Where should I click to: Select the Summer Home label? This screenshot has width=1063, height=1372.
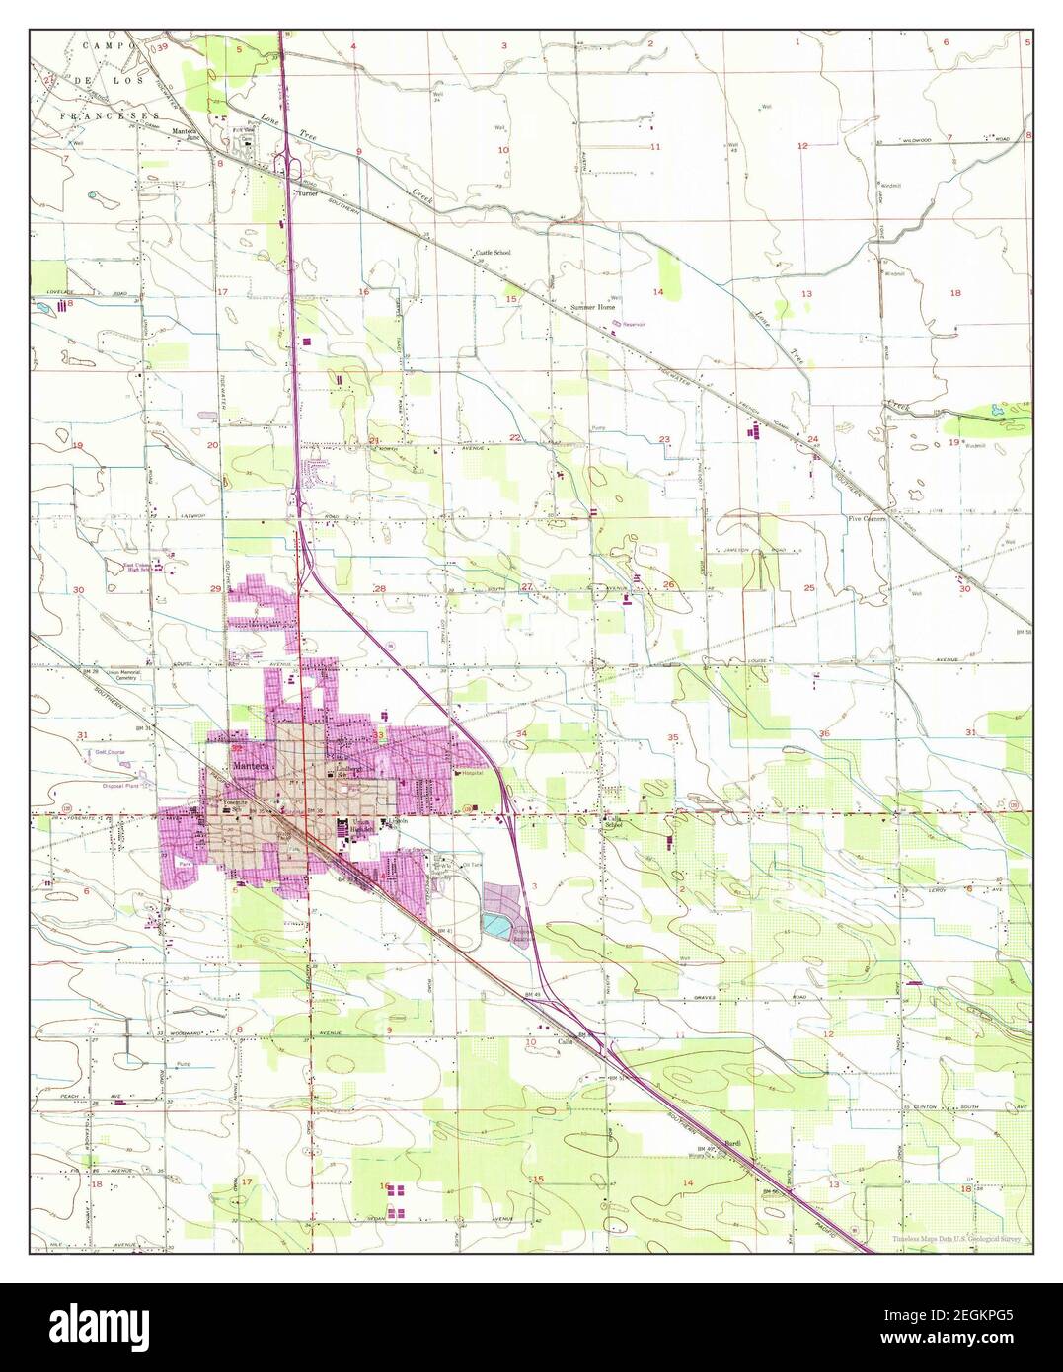point(592,308)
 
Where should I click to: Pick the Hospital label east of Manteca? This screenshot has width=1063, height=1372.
point(468,773)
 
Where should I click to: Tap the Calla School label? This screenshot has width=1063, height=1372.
point(616,823)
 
